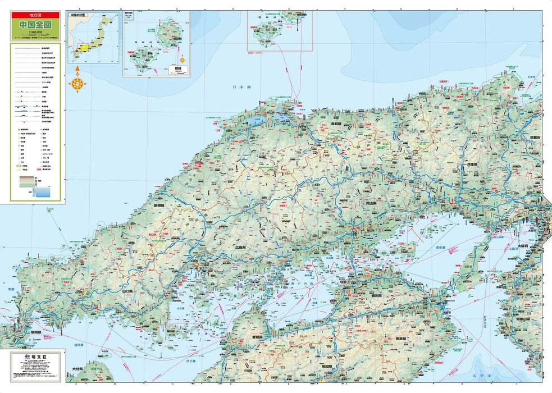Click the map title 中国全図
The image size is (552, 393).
click(x=35, y=25)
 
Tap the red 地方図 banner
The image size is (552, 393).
click(x=35, y=16)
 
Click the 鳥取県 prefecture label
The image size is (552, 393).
click(x=336, y=124)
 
